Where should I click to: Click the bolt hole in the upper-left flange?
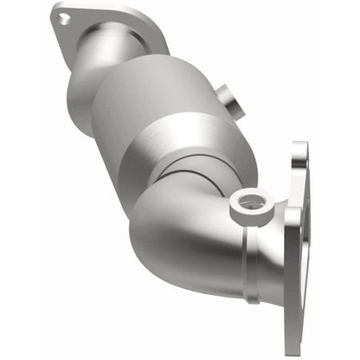pyautogui.click(x=65, y=16)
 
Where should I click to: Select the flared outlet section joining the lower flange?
pyautogui.click(x=260, y=251)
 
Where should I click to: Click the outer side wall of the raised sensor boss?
pyautogui.click(x=237, y=213)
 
